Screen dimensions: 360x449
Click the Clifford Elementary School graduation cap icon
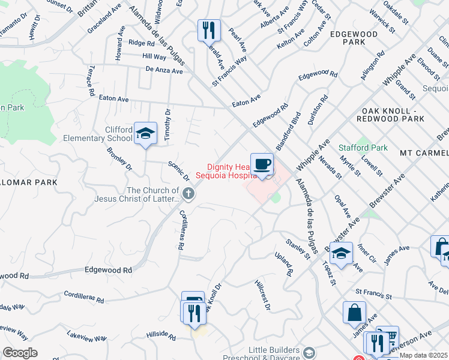[145, 134]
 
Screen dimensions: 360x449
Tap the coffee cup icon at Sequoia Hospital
[261, 164]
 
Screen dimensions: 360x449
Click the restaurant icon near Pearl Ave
[209, 30]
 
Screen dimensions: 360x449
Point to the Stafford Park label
[363, 147]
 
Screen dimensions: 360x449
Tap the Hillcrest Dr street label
[262, 295]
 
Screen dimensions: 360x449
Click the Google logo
[20, 353]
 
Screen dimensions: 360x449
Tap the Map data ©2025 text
[423, 355]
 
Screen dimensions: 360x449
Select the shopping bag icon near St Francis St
[354, 312]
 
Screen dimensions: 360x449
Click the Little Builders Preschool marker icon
[309, 352]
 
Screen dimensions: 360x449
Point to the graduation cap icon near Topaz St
[341, 253]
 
